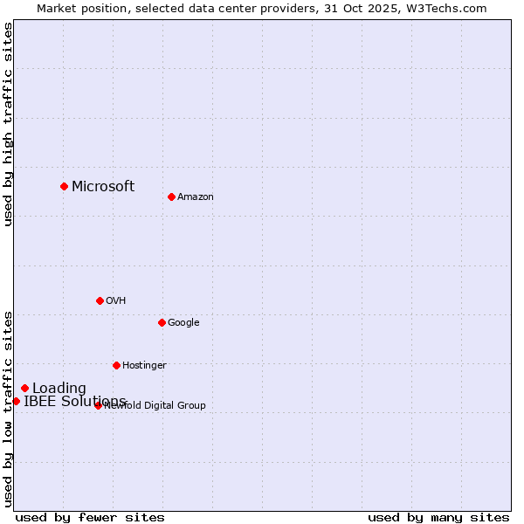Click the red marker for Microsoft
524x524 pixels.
pyautogui.click(x=64, y=186)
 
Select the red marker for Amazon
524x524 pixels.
pyautogui.click(x=171, y=196)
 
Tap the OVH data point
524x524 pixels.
pyautogui.click(x=100, y=300)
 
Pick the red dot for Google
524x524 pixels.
pyautogui.click(x=162, y=322)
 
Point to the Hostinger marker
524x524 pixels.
pyautogui.click(x=116, y=365)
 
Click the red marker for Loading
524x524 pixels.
pyautogui.click(x=24, y=388)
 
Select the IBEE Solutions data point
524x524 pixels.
pyautogui.click(x=16, y=401)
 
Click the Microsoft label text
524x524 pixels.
pyautogui.click(x=103, y=186)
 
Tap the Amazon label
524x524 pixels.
pyautogui.click(x=196, y=196)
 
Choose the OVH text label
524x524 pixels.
pyautogui.click(x=116, y=300)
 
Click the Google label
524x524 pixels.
pyautogui.click(x=183, y=322)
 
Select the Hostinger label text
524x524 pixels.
pyautogui.click(x=144, y=365)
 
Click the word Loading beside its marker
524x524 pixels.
pyautogui.click(x=59, y=389)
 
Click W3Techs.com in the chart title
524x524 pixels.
pyautogui.click(x=446, y=8)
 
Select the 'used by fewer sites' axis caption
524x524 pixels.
pyautogui.click(x=90, y=517)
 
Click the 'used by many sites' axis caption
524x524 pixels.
pyautogui.click(x=438, y=517)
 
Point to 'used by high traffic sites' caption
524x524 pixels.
pyautogui.click(x=8, y=124)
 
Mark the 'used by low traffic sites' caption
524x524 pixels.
pyautogui.click(x=8, y=408)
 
